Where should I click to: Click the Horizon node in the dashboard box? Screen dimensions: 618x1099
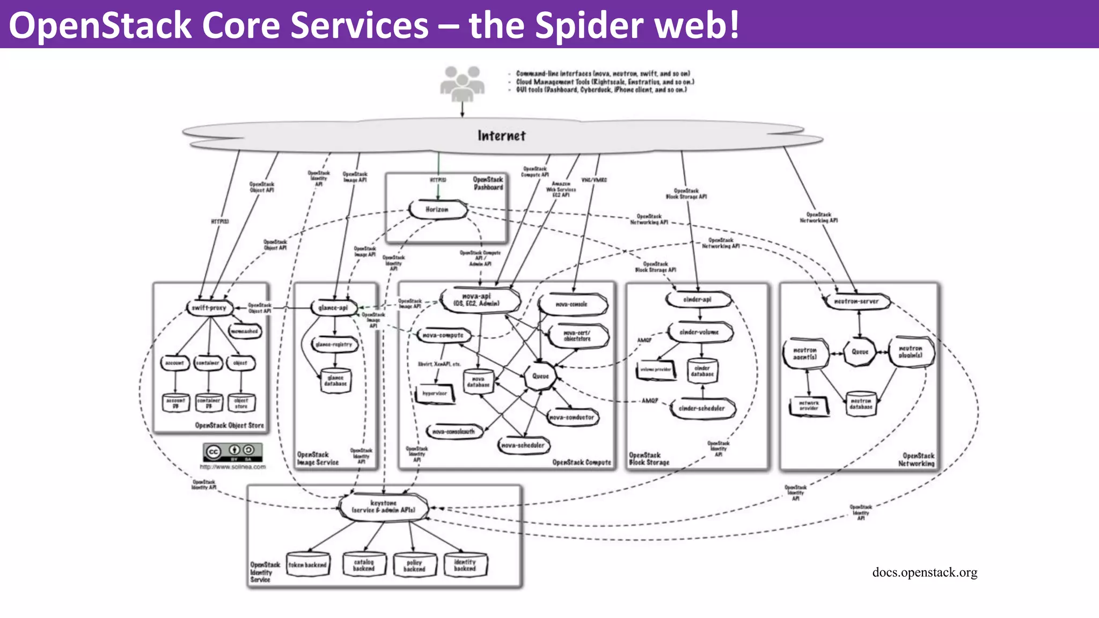pos(437,210)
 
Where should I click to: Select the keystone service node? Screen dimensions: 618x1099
pos(384,507)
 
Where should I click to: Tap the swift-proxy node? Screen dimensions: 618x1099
pos(209,308)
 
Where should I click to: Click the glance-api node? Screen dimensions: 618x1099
pos(333,308)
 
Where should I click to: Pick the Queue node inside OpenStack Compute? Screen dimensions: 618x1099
pos(540,376)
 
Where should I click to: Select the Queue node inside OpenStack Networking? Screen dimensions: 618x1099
pos(860,352)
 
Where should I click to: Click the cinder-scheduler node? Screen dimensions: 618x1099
pos(702,409)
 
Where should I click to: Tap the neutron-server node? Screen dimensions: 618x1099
pos(856,301)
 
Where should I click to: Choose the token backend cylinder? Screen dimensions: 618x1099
pos(307,565)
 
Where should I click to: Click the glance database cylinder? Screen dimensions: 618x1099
pos(336,381)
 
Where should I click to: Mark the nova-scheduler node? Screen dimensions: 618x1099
pos(523,445)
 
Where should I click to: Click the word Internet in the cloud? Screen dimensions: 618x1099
pos(502,136)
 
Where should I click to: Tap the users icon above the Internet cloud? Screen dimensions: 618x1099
pos(462,84)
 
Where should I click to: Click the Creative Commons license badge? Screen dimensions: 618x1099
pos(233,452)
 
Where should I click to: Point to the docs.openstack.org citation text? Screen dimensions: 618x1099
pos(925,572)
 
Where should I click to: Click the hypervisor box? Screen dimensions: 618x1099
pos(435,394)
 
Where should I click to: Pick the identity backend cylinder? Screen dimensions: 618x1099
pos(465,565)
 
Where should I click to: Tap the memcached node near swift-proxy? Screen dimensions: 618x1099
pos(244,332)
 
